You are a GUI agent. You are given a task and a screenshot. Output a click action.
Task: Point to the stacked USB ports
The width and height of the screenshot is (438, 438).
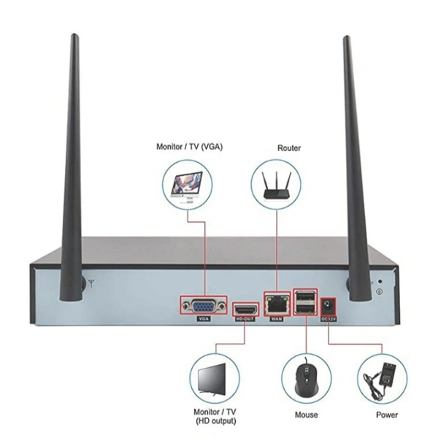304,303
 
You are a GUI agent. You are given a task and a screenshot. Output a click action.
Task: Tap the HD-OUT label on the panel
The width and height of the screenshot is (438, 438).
245,319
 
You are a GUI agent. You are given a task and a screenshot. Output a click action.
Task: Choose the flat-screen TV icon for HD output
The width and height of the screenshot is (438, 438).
213,379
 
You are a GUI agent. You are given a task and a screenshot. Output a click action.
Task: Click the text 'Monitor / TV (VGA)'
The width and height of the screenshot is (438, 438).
190,146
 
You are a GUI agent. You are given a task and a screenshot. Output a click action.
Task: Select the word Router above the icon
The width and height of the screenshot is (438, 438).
289,147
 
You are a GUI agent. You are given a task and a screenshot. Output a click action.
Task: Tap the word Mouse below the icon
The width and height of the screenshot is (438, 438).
306,415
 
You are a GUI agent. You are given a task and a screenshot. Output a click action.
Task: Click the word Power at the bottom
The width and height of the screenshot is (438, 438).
387,415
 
